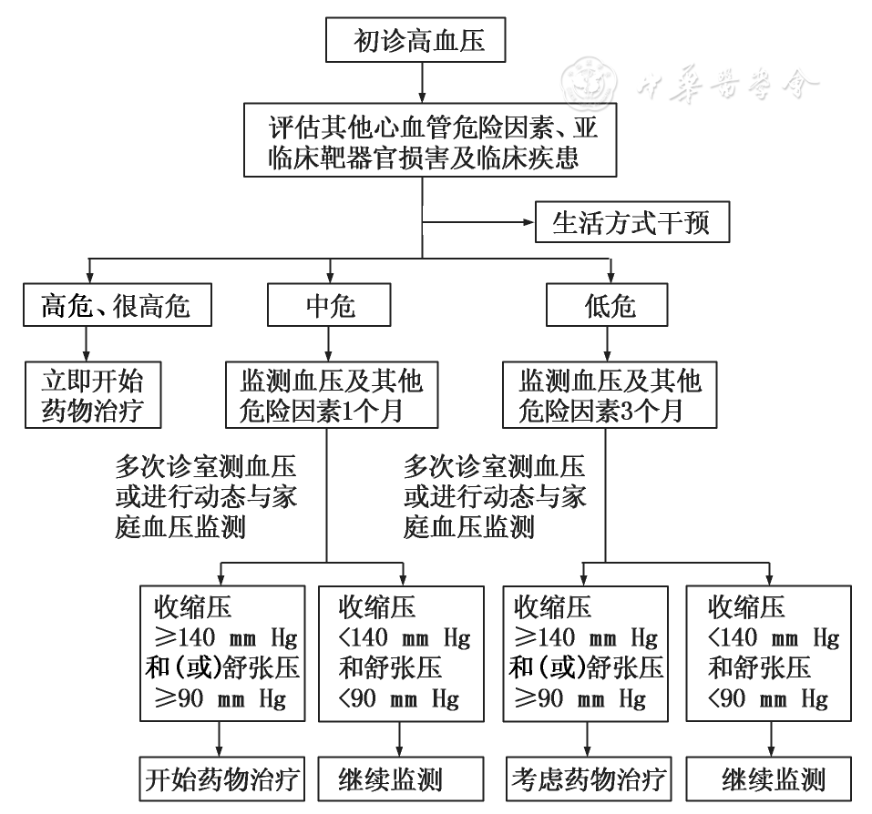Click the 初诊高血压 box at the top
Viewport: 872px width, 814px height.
coord(415,39)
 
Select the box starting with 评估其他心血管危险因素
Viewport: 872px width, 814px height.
coord(430,140)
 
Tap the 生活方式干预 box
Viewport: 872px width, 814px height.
coord(632,222)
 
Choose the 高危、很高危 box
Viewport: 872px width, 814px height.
coord(118,305)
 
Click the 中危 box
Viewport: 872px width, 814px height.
coord(329,305)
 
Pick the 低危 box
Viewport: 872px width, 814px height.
coord(607,305)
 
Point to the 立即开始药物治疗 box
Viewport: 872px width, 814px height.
coord(93,395)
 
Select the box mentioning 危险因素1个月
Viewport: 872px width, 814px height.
coord(332,395)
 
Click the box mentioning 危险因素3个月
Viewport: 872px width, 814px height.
coord(610,395)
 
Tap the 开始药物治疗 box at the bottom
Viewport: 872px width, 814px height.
coord(222,779)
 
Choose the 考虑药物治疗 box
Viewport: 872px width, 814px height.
coord(589,779)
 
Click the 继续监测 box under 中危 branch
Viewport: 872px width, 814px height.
coord(401,779)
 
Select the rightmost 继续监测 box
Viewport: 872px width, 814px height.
coord(768,779)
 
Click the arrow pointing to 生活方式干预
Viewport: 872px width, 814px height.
coord(478,222)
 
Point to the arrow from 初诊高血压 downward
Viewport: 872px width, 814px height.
coord(422,82)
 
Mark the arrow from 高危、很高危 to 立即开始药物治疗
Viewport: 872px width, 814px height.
coord(87,344)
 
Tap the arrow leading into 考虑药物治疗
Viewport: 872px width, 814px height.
coord(587,739)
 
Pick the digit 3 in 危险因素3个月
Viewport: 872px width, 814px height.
coord(625,412)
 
